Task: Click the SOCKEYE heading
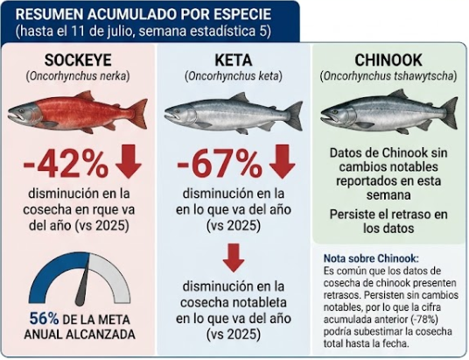pyautogui.click(x=78, y=60)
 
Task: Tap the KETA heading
pyautogui.click(x=234, y=60)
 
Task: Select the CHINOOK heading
pyautogui.click(x=388, y=60)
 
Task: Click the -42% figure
pyautogui.click(x=66, y=164)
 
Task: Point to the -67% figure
pyautogui.click(x=220, y=164)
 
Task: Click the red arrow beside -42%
pyautogui.click(x=129, y=162)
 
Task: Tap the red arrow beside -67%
pyautogui.click(x=283, y=162)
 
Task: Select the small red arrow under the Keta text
pyautogui.click(x=234, y=258)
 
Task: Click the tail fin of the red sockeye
pyautogui.click(x=139, y=114)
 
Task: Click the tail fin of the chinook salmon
pyautogui.click(x=449, y=113)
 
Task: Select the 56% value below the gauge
pyautogui.click(x=44, y=319)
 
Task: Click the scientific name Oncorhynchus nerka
pyautogui.click(x=78, y=76)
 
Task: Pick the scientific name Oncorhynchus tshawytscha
pyautogui.click(x=388, y=76)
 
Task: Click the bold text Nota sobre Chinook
pyautogui.click(x=372, y=258)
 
